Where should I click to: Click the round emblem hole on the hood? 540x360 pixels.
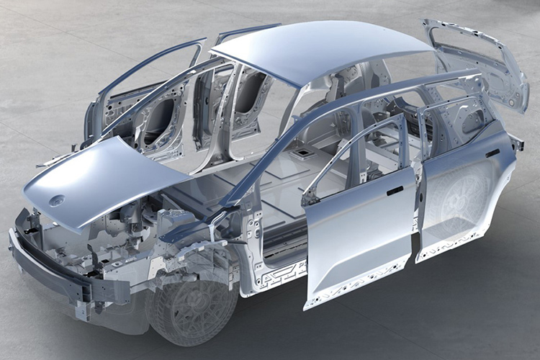click(x=57, y=200)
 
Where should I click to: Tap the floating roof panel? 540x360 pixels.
click(x=324, y=54)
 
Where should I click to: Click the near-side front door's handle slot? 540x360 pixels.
click(x=395, y=192)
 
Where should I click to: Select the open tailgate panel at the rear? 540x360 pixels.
click(x=479, y=65)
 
